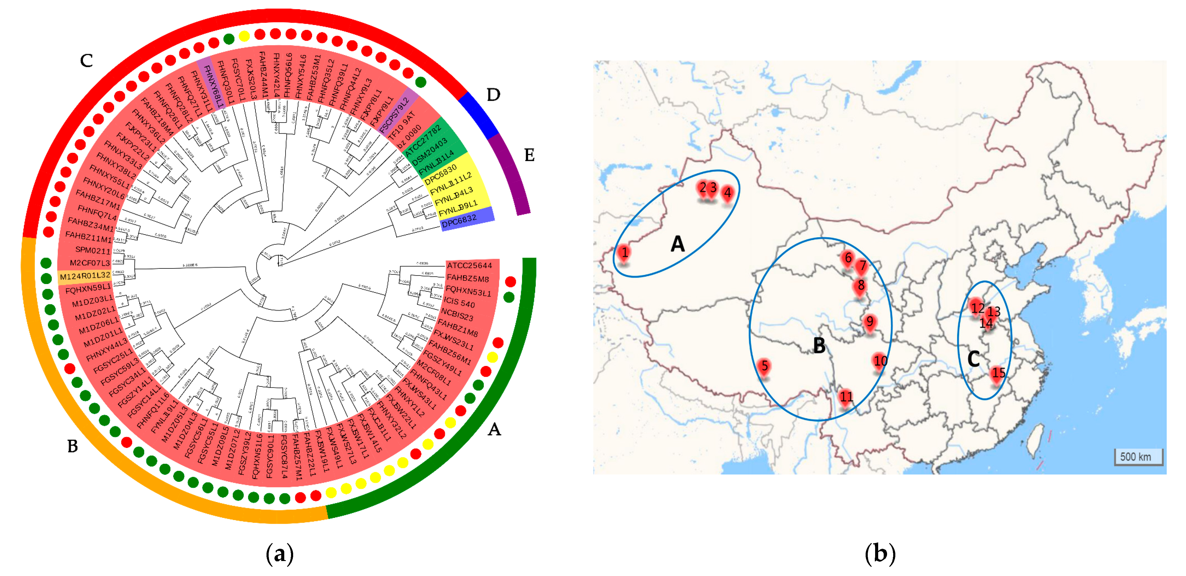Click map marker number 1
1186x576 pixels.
624,253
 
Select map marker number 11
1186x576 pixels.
846,397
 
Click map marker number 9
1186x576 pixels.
869,322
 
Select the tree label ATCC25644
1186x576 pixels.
469,265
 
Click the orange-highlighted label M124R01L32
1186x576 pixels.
85,276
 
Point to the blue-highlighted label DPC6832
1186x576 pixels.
459,220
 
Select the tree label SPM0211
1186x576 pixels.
92,250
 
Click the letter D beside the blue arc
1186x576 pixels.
493,95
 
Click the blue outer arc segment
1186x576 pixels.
479,115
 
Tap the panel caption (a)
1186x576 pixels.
279,553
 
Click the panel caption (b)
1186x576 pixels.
880,553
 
